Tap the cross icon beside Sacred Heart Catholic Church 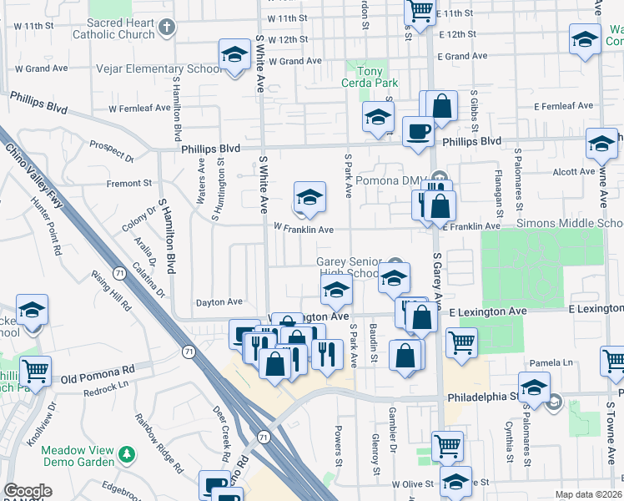tap(166, 28)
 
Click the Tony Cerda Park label tap(370, 77)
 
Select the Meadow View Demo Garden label tap(78, 455)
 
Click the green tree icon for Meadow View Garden tap(126, 455)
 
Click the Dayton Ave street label tap(219, 302)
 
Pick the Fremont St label tap(128, 183)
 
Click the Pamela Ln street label tap(556, 363)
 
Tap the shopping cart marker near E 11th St tap(420, 11)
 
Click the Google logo tap(28, 492)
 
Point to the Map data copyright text tap(587, 494)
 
